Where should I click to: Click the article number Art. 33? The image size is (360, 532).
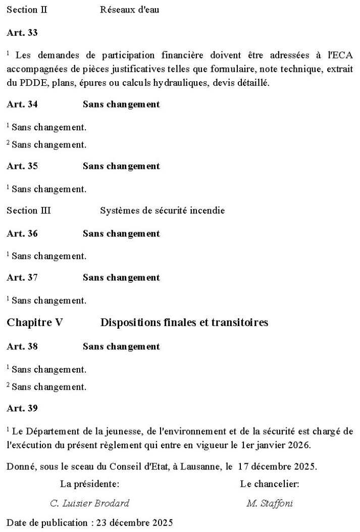pyautogui.click(x=22, y=33)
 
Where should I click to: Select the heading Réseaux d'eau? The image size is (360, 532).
pyautogui.click(x=130, y=10)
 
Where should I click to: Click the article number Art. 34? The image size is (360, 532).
pyautogui.click(x=22, y=104)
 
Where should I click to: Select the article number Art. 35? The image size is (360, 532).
pyautogui.click(x=22, y=166)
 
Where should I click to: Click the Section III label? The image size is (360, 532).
pyautogui.click(x=29, y=210)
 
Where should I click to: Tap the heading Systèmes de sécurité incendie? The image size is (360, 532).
pyautogui.click(x=162, y=210)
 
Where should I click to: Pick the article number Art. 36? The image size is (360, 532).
pyautogui.click(x=22, y=234)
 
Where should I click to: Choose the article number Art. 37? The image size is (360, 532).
pyautogui.click(x=22, y=278)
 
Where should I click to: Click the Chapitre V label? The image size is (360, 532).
pyautogui.click(x=35, y=323)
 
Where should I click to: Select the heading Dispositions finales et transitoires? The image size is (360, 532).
pyautogui.click(x=184, y=323)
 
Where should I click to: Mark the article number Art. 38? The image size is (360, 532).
pyautogui.click(x=22, y=347)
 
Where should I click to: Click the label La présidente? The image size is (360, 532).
pyautogui.click(x=90, y=485)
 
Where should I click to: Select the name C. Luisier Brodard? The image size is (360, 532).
pyautogui.click(x=90, y=503)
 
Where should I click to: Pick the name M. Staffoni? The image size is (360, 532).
pyautogui.click(x=270, y=503)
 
